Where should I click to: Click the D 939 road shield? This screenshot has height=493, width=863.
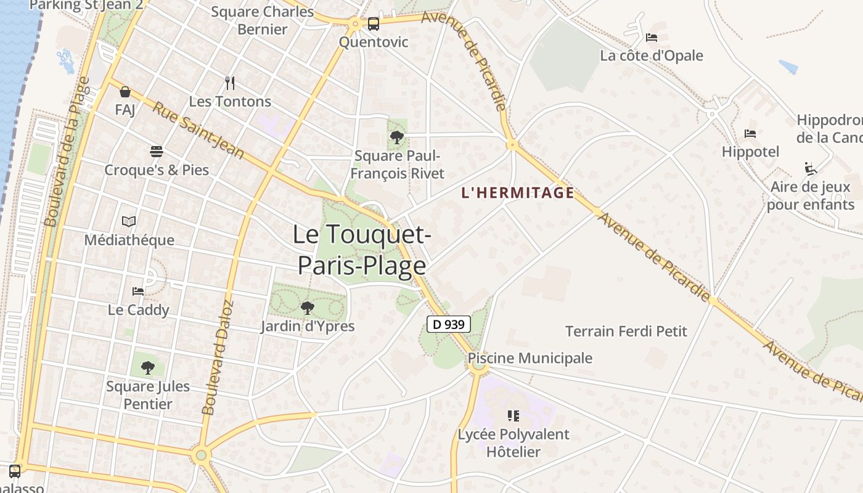[449, 324]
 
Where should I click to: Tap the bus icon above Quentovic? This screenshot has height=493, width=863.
[373, 24]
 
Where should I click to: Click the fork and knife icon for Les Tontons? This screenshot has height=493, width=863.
[230, 83]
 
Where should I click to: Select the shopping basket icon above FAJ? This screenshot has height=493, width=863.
[125, 92]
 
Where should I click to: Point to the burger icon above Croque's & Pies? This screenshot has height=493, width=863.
[156, 152]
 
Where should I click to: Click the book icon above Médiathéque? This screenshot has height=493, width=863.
[129, 222]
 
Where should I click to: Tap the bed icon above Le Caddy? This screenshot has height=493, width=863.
[138, 291]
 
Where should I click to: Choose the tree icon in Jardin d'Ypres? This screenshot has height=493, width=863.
[307, 308]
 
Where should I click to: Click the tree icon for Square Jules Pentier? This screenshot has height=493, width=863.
[147, 368]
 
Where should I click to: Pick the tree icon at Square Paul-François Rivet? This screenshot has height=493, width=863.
[397, 137]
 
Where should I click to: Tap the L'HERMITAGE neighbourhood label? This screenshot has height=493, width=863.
[518, 193]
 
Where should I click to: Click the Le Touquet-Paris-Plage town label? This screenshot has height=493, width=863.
[362, 250]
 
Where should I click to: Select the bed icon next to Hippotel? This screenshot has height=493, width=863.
[750, 134]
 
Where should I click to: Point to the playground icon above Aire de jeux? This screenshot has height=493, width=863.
[811, 169]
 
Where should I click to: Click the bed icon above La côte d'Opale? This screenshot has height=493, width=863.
[652, 38]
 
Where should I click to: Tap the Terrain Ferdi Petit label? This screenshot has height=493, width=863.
[626, 332]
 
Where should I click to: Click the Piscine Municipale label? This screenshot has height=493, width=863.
[530, 358]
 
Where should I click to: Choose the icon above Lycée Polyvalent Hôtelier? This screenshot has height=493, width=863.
[513, 416]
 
